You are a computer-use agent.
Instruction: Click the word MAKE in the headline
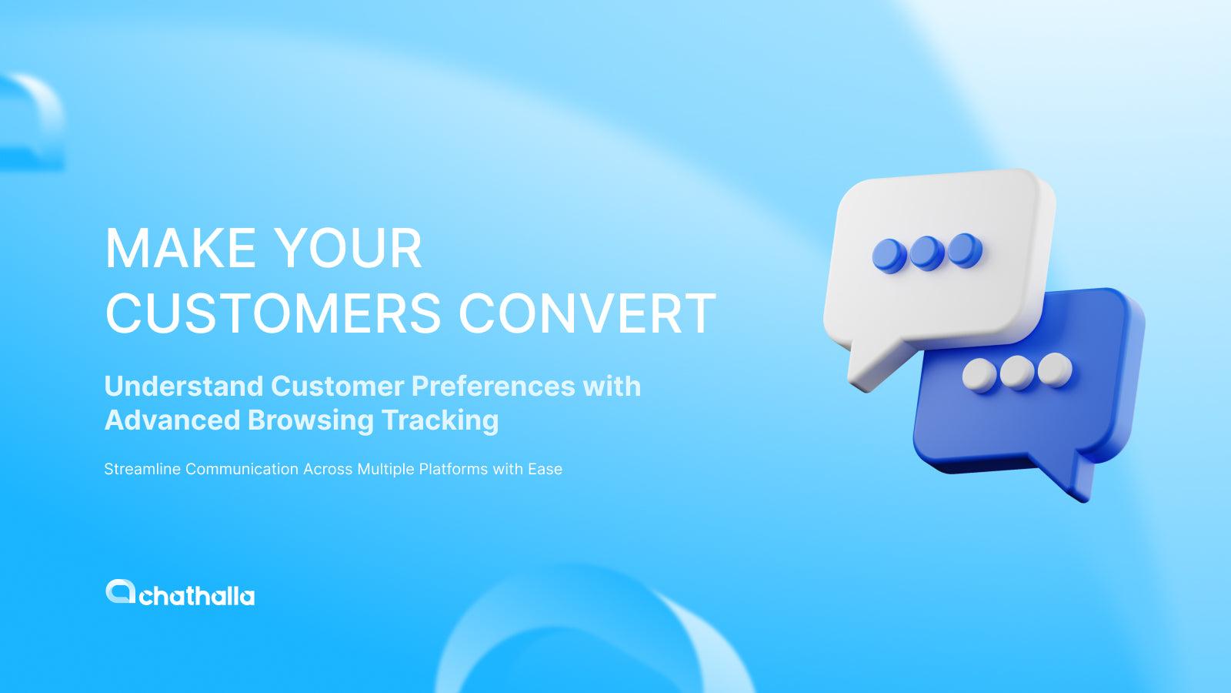pyautogui.click(x=180, y=248)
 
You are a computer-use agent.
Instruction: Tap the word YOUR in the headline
pyautogui.click(x=348, y=248)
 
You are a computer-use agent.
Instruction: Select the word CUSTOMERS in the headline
pyautogui.click(x=272, y=313)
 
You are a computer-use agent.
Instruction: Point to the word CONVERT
pyautogui.click(x=587, y=313)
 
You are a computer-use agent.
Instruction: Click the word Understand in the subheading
pyautogui.click(x=184, y=386)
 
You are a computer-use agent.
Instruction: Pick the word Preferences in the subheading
pyautogui.click(x=493, y=386)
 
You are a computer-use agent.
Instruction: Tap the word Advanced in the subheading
pyautogui.click(x=172, y=420)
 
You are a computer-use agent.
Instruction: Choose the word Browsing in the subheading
pyautogui.click(x=311, y=420)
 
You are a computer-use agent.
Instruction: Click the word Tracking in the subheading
pyautogui.click(x=439, y=420)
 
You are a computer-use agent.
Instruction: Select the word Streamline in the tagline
pyautogui.click(x=142, y=469)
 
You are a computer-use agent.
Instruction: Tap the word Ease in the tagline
pyautogui.click(x=545, y=469)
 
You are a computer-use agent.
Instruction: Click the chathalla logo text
pyautogui.click(x=197, y=596)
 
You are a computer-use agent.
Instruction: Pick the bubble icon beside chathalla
pyautogui.click(x=120, y=591)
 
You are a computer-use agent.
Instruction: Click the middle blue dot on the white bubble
pyautogui.click(x=927, y=253)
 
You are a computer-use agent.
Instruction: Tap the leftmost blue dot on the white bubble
pyautogui.click(x=889, y=256)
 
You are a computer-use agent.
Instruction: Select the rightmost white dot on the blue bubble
pyautogui.click(x=1055, y=370)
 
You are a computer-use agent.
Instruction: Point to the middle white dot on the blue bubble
pyautogui.click(x=1017, y=373)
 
